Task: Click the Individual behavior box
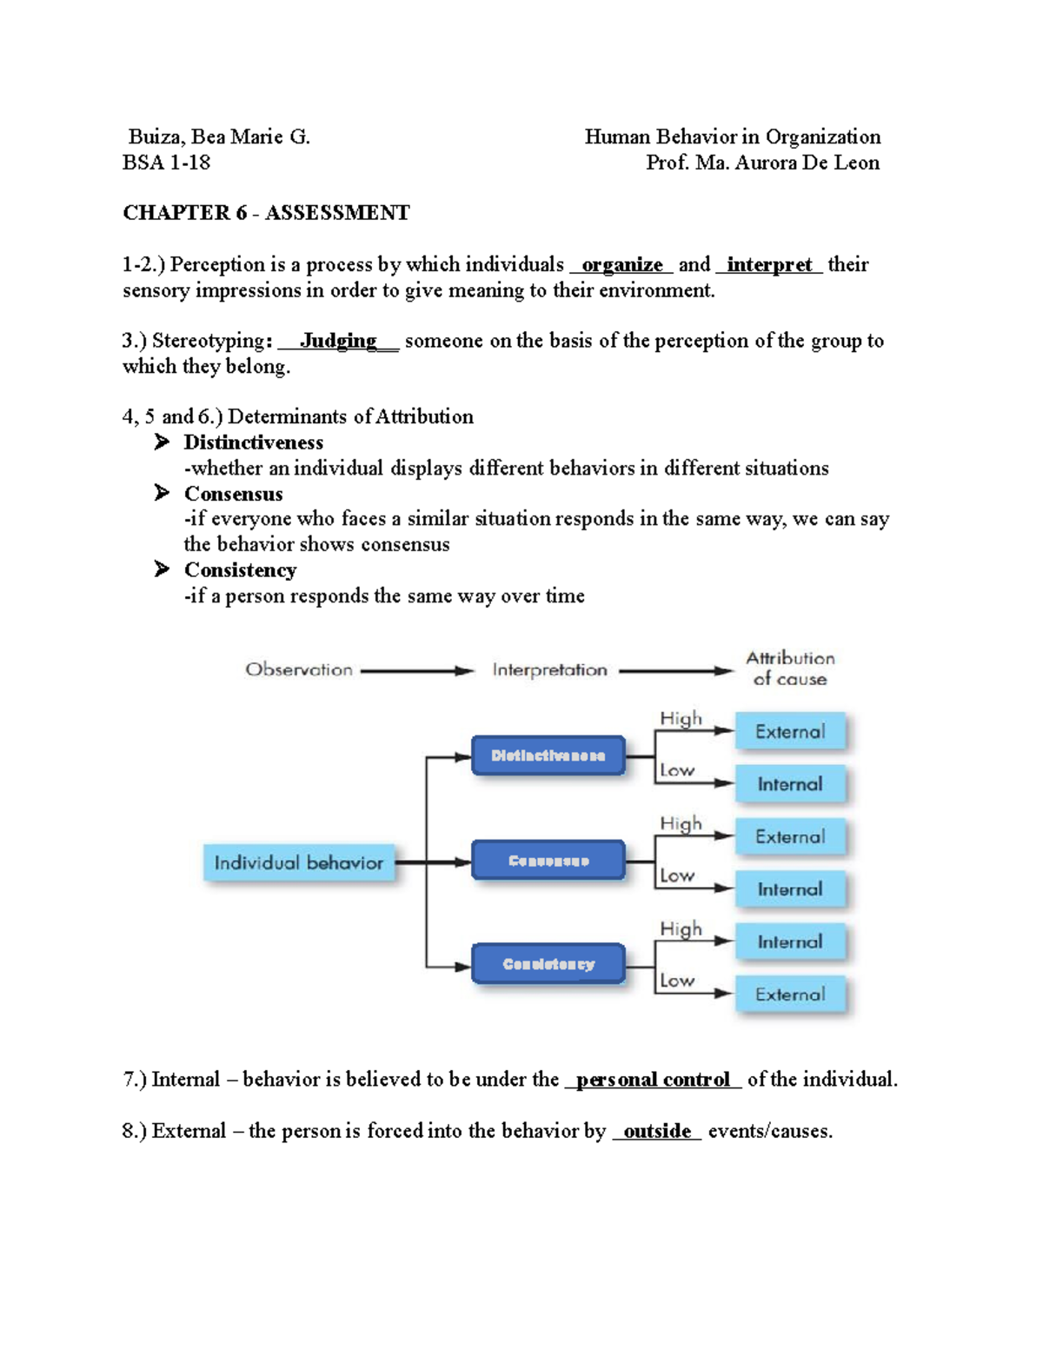(x=298, y=862)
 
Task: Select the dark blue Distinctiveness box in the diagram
(x=548, y=755)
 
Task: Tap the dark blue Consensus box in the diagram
(x=548, y=861)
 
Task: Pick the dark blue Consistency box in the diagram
(x=548, y=964)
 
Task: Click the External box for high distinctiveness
(x=789, y=732)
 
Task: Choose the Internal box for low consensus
(x=789, y=889)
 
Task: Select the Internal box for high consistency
(x=789, y=941)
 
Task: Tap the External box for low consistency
(x=789, y=994)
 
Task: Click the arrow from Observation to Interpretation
(x=416, y=671)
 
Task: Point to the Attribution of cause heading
(x=789, y=668)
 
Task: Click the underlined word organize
(x=621, y=264)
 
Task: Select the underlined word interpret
(x=769, y=264)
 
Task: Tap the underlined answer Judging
(x=338, y=341)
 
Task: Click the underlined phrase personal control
(x=653, y=1080)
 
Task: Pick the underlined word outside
(x=657, y=1131)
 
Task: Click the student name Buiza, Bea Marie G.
(x=219, y=136)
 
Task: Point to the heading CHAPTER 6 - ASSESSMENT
(x=266, y=213)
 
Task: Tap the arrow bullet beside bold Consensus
(x=162, y=493)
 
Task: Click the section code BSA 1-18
(x=166, y=163)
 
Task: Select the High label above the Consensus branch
(x=681, y=823)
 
